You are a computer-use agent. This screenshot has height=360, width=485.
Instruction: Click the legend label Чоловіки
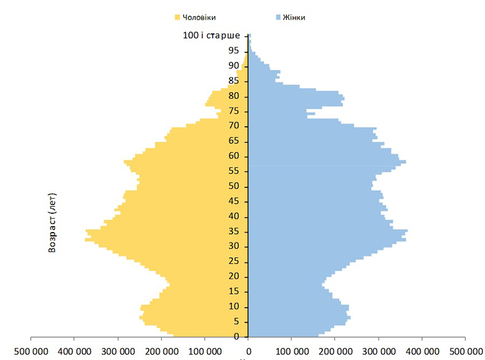[x=198, y=17]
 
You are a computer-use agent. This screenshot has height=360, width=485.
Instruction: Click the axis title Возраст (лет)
[x=53, y=222]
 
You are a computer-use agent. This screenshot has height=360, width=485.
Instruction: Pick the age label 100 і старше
[x=211, y=35]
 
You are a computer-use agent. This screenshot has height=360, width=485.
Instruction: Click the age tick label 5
[x=236, y=321]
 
